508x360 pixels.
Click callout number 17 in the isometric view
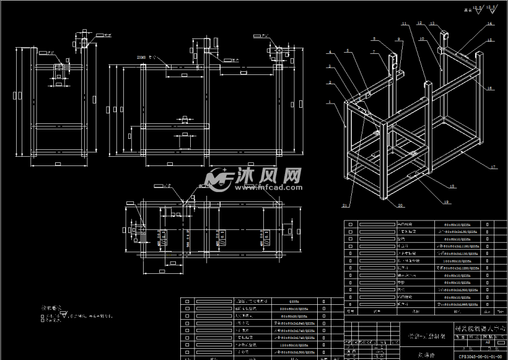[x=493, y=167]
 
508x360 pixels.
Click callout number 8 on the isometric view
[x=374, y=39]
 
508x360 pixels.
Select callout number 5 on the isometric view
[x=347, y=51]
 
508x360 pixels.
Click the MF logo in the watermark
[x=217, y=180]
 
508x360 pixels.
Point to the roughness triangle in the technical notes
[x=64, y=315]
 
